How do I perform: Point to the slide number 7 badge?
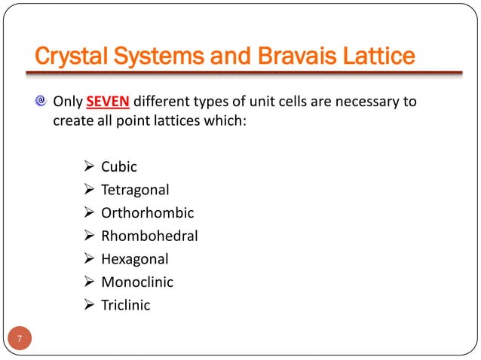(20, 337)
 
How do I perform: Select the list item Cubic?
(119, 166)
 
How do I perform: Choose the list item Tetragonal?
(136, 190)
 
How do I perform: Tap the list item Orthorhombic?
(148, 213)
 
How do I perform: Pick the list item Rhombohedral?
(150, 236)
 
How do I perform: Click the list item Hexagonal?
(135, 259)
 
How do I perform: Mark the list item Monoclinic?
(137, 282)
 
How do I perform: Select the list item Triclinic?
(126, 305)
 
